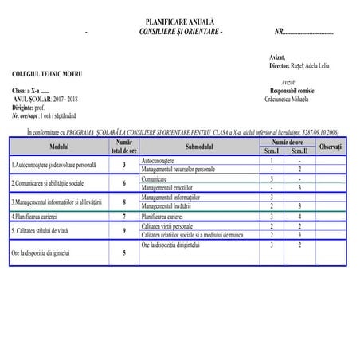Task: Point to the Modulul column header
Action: pos(59,147)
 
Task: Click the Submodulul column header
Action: pos(200,147)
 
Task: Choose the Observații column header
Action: pos(331,147)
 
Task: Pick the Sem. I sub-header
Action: pos(272,151)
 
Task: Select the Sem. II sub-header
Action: pos(299,151)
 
